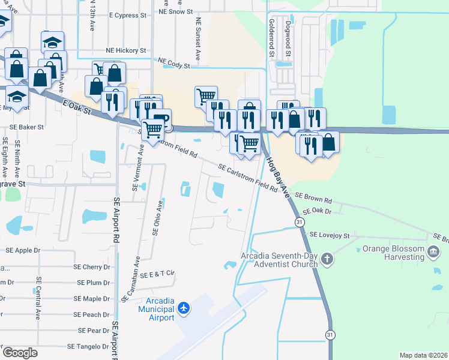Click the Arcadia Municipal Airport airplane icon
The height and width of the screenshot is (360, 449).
tap(184, 308)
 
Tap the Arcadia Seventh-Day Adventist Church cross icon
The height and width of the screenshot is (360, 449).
tap(327, 259)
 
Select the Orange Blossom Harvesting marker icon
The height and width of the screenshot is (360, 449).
tap(433, 250)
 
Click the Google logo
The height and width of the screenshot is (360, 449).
tap(20, 352)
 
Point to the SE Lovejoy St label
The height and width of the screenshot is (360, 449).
tap(330, 236)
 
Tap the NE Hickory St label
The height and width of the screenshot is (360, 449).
tap(126, 51)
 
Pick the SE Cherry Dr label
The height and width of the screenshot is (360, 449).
tap(91, 266)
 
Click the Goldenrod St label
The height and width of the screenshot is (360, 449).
tap(271, 37)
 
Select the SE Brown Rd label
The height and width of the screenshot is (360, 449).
tap(313, 199)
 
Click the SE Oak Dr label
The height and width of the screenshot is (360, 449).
tap(317, 211)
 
